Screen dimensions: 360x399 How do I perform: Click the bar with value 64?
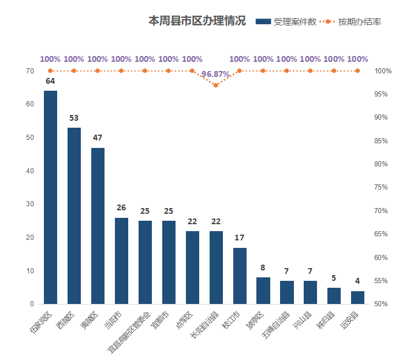pyautogui.click(x=50, y=197)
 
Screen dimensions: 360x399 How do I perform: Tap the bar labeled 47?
pyautogui.click(x=98, y=225)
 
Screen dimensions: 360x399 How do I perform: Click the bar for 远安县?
pyautogui.click(x=358, y=297)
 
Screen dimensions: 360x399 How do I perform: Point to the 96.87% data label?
pyautogui.click(x=215, y=75)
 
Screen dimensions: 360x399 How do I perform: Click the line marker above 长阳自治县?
pyautogui.click(x=216, y=86)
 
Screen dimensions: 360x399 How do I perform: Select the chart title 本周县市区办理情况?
pyautogui.click(x=197, y=21)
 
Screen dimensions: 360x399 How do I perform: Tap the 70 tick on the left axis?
pyautogui.click(x=29, y=71)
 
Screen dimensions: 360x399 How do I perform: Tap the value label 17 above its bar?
pyautogui.click(x=240, y=238)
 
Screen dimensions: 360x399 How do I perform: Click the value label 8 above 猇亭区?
pyautogui.click(x=263, y=268)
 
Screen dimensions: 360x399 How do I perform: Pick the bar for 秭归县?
pyautogui.click(x=334, y=295)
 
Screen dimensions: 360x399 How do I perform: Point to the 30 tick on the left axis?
pyautogui.click(x=29, y=204)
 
